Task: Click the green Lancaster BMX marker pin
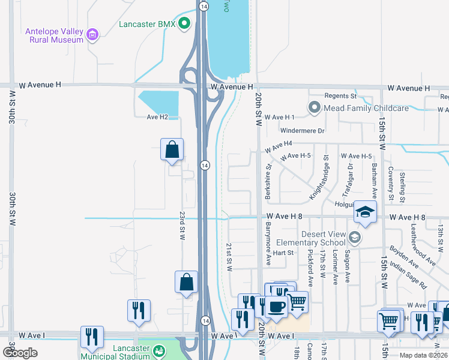point(184,24)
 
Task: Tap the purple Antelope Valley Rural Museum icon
point(92,35)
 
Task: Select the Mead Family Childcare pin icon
point(314,108)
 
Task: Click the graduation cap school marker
point(364,211)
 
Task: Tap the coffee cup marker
point(276,307)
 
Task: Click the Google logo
point(20,352)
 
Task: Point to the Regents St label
point(340,96)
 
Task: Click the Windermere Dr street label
point(302,130)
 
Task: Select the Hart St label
point(283,253)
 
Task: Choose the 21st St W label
point(229,257)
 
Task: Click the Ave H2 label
point(157,117)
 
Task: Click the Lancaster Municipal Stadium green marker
point(159,350)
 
